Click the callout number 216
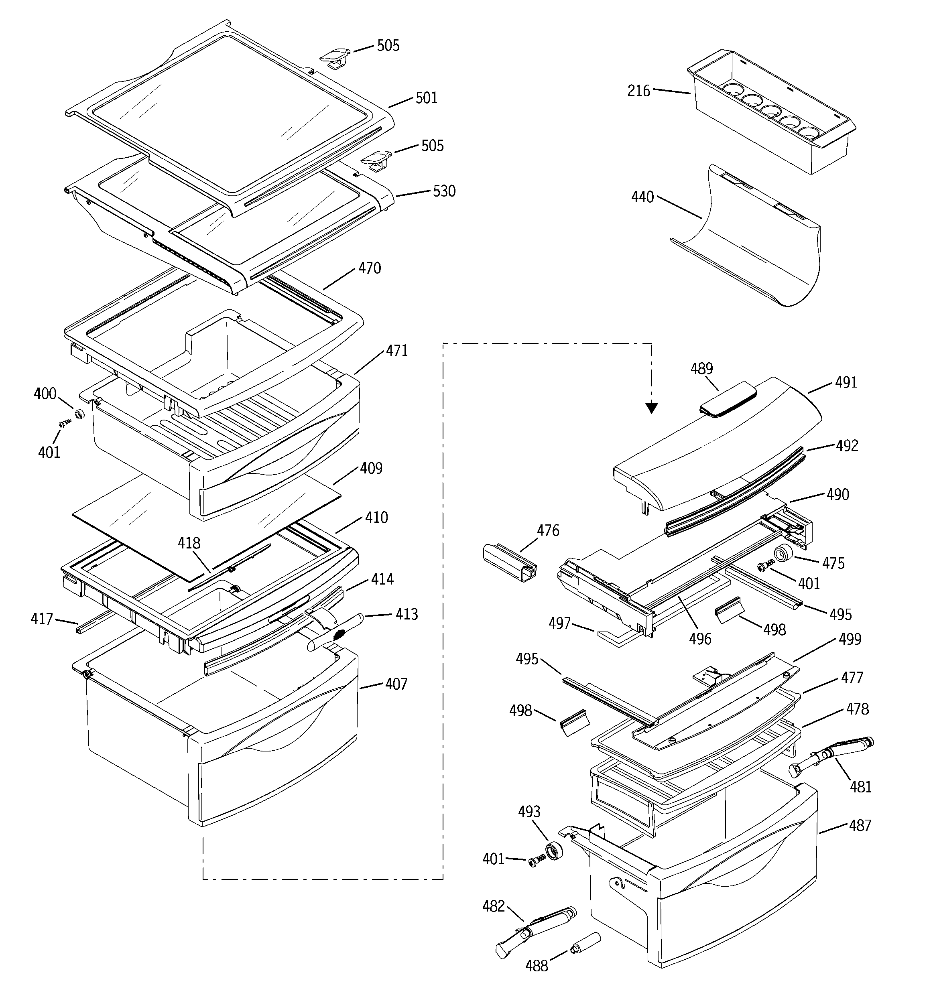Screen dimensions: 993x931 point(638,91)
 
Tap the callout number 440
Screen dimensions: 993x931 point(642,197)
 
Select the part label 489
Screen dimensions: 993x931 point(701,369)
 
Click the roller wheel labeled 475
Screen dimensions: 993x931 point(784,554)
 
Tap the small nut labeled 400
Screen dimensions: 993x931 point(79,414)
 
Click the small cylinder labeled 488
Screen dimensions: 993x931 point(584,942)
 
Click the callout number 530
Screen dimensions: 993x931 point(444,191)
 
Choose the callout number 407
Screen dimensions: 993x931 point(396,684)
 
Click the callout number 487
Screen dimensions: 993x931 point(860,826)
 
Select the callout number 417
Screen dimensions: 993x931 point(41,619)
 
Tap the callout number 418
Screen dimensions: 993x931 point(189,543)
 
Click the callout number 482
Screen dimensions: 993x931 point(493,906)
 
